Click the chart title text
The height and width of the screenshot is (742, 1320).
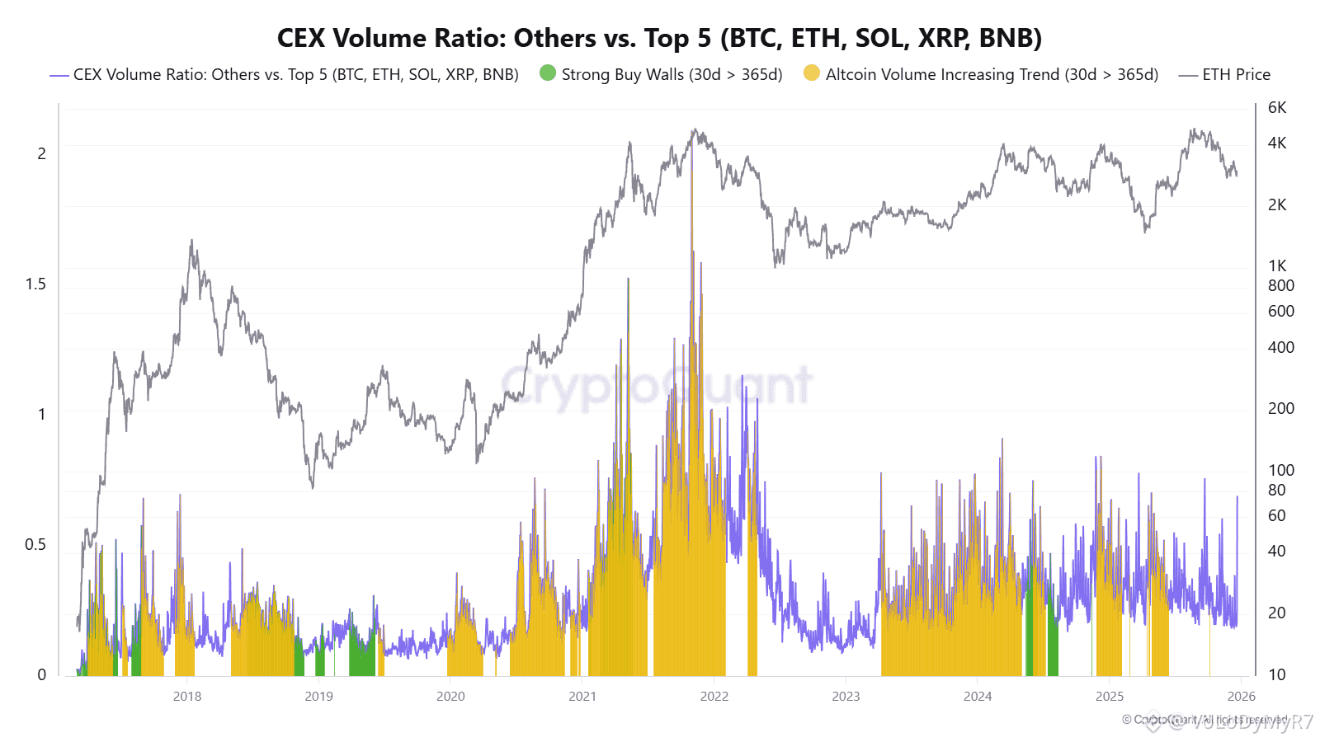tap(659, 38)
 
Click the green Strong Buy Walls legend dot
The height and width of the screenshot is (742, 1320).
tap(548, 73)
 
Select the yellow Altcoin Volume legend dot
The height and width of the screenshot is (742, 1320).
tap(812, 73)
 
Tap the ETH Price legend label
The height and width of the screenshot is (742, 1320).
tap(1236, 74)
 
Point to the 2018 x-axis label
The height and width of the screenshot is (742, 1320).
tap(187, 697)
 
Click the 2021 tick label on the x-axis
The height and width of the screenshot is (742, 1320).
tap(582, 697)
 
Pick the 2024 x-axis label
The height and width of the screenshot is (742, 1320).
tap(978, 697)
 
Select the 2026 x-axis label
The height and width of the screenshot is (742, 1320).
tap(1242, 697)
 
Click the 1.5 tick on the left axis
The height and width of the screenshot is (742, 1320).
tap(35, 284)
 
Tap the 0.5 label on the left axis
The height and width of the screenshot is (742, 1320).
tap(35, 544)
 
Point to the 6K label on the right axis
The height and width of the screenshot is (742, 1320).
tap(1277, 107)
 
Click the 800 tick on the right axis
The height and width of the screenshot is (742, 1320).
tap(1281, 285)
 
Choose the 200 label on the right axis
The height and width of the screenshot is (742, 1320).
tap(1281, 408)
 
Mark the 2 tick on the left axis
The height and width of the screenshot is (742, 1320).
tap(41, 153)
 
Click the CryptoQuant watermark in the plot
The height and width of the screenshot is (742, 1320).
tap(657, 385)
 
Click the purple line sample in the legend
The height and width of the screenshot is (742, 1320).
tap(59, 75)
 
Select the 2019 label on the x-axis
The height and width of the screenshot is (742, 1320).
tap(319, 697)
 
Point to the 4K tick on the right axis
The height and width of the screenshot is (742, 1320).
tap(1277, 143)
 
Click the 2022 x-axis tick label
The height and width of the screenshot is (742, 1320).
tap(714, 697)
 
